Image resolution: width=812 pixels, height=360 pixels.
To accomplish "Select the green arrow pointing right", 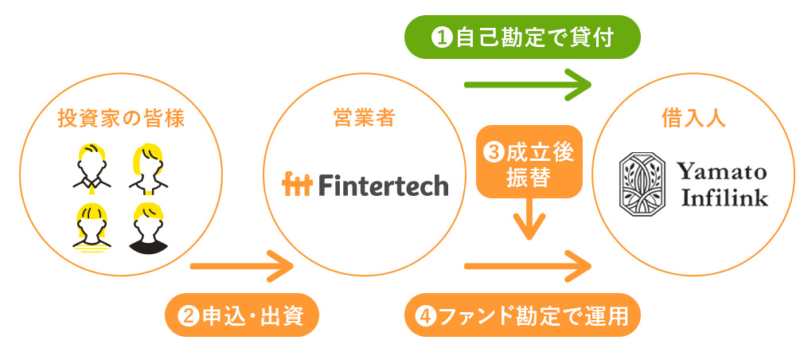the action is pos(528,84).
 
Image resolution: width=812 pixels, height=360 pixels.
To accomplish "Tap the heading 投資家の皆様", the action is pos(121,119).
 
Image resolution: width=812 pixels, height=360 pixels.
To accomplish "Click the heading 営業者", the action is pos(365,119).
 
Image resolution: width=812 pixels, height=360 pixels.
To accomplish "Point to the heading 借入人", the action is pos(693,119).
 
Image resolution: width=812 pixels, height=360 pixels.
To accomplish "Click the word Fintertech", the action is pos(382,185).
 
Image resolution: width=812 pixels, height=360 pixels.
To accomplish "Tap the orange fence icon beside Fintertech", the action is pos(297,185).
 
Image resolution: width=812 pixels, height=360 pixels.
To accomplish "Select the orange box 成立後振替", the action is pos(529,162).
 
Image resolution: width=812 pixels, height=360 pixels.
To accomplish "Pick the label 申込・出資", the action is pos(241,315).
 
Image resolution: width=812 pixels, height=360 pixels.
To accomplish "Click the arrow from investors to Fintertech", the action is pos(242,266).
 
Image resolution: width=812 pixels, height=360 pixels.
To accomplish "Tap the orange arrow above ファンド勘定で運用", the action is pos(528,266).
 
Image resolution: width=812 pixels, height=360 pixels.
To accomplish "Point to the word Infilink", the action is pos(724,198).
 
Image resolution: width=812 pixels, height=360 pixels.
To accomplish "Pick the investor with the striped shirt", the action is pos(92,229).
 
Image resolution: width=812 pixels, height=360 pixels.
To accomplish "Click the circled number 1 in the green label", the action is pos(442,37).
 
